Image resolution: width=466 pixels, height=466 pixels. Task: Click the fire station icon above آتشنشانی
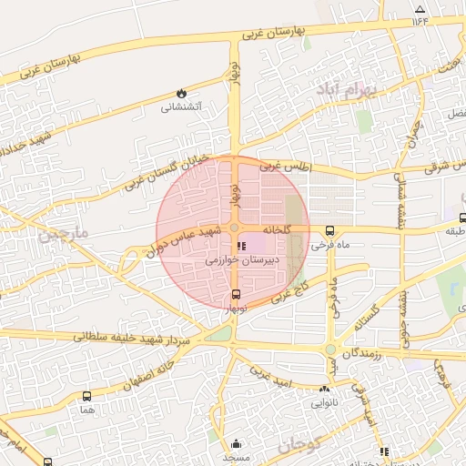tap(181, 93)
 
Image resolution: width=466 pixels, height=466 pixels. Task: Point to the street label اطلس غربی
tap(285, 167)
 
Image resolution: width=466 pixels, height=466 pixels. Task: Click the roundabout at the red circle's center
tap(234, 228)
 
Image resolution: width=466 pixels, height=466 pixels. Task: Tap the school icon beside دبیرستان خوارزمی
tap(240, 246)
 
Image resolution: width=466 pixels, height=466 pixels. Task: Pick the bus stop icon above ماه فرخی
tap(329, 230)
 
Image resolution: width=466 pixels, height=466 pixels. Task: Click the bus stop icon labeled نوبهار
tap(237, 294)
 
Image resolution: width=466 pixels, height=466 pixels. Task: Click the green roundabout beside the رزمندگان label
tap(330, 350)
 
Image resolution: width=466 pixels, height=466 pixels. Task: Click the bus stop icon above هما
tap(86, 397)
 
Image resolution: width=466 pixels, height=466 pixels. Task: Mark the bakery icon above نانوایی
tap(324, 389)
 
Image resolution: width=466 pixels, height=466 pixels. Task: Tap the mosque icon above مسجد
tap(238, 444)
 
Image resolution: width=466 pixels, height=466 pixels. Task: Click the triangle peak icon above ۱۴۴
tap(420, 10)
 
